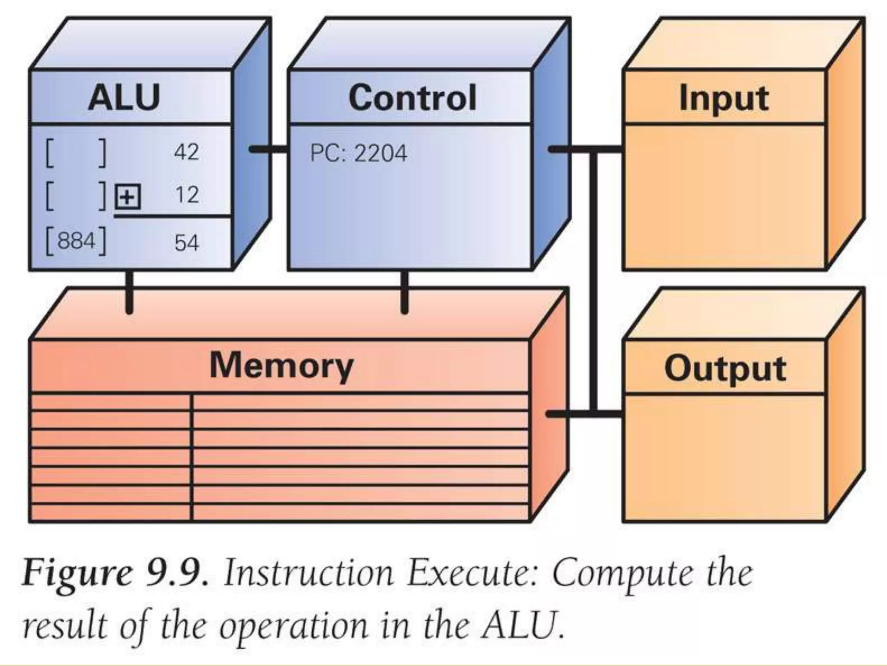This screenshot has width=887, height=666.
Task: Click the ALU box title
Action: [124, 98]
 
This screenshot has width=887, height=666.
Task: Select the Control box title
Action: [412, 98]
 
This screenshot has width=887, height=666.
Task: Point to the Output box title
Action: [725, 369]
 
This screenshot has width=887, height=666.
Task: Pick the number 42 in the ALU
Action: [186, 152]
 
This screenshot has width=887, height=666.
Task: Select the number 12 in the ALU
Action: [187, 195]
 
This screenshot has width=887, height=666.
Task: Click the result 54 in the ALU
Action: [186, 242]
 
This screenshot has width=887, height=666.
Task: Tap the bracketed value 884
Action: [76, 241]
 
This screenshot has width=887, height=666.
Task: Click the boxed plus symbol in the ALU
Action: [127, 197]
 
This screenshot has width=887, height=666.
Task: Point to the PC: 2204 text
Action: [359, 153]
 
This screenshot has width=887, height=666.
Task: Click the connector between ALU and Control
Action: [268, 150]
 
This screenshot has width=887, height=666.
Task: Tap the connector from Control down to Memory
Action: [404, 291]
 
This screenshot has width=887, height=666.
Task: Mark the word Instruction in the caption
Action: [308, 573]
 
